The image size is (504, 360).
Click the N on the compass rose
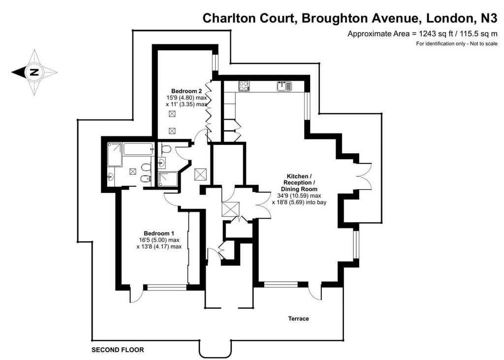[34, 72]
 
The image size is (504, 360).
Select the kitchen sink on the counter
[284, 87]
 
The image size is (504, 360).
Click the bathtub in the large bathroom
[138, 149]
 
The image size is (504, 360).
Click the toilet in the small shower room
[166, 149]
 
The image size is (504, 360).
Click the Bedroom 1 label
[159, 233]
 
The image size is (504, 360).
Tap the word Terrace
[298, 319]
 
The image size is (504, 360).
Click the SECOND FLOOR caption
[118, 350]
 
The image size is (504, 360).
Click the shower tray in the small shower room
[168, 179]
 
